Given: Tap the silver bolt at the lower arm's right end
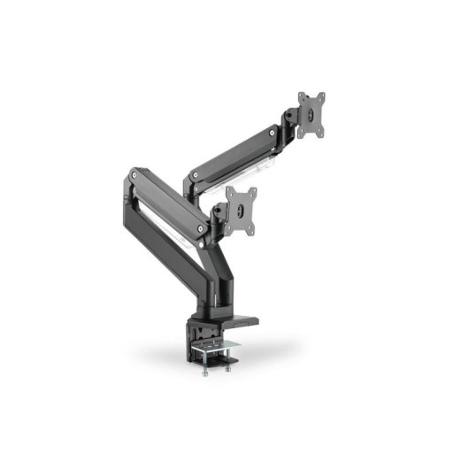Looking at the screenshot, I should pos(204,227).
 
